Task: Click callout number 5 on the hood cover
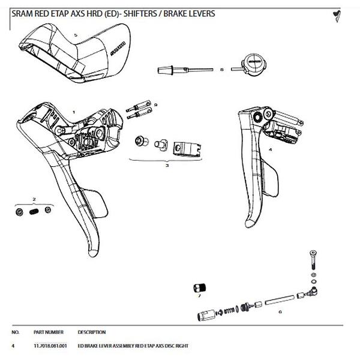(75, 35)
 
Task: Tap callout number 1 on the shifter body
(73, 112)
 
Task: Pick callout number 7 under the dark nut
(199, 295)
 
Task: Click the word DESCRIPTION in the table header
(92, 332)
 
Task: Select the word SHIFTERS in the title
(143, 13)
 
